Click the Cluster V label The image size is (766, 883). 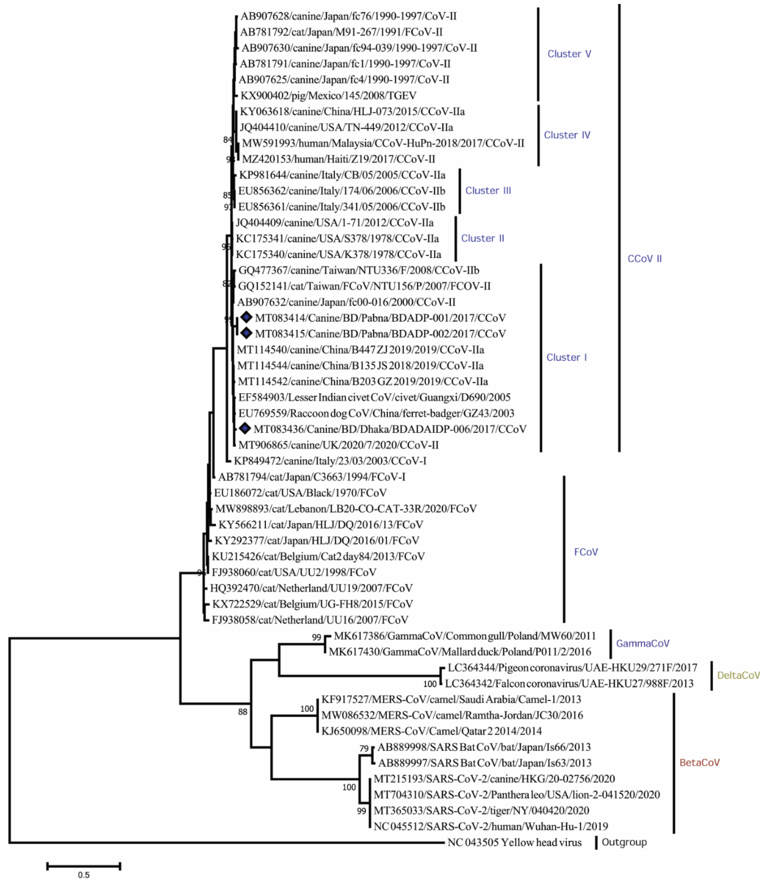click(x=569, y=54)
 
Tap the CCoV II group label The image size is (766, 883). click(x=644, y=258)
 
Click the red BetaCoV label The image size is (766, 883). click(x=699, y=762)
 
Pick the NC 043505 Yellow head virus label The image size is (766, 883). click(x=514, y=842)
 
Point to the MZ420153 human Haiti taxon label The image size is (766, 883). click(x=339, y=159)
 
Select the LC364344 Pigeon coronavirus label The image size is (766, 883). click(x=572, y=667)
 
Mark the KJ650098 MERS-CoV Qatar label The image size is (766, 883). click(x=431, y=731)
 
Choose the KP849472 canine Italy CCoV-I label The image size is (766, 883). click(x=330, y=461)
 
